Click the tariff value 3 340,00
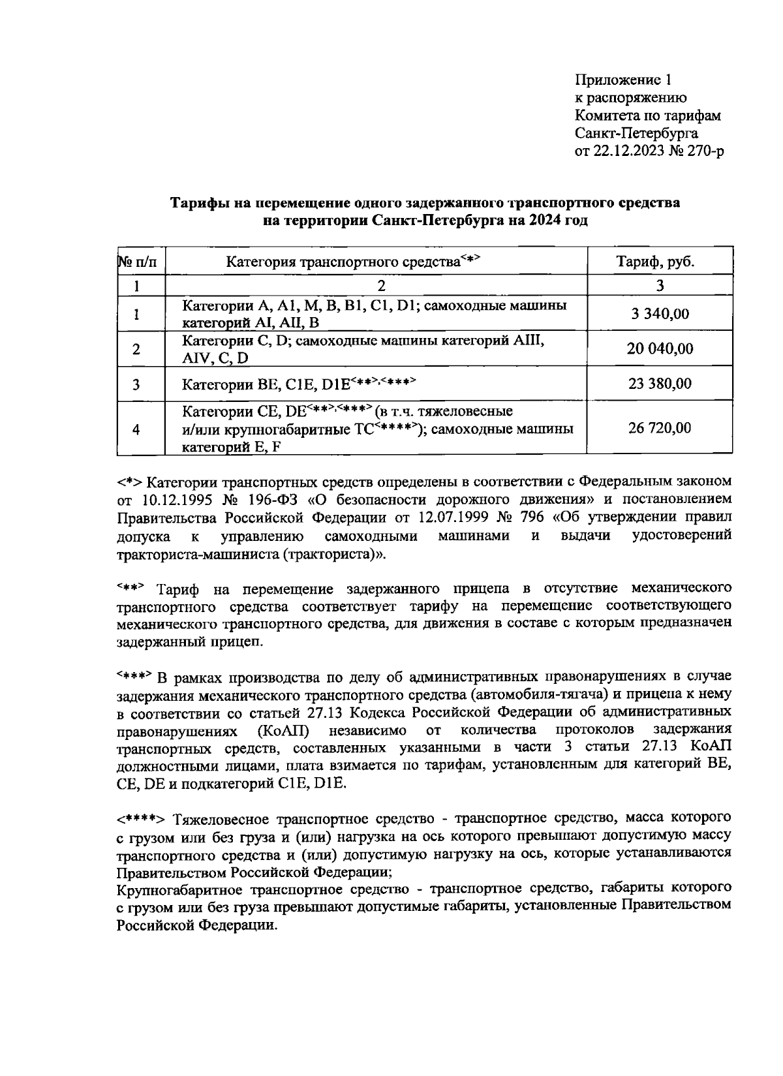[660, 315]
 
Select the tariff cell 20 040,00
[660, 349]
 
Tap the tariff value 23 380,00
[660, 384]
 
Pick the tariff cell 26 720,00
[660, 428]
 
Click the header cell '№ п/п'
[138, 262]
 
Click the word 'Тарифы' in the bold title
[195, 203]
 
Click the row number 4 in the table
[136, 429]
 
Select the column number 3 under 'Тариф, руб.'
[660, 285]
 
